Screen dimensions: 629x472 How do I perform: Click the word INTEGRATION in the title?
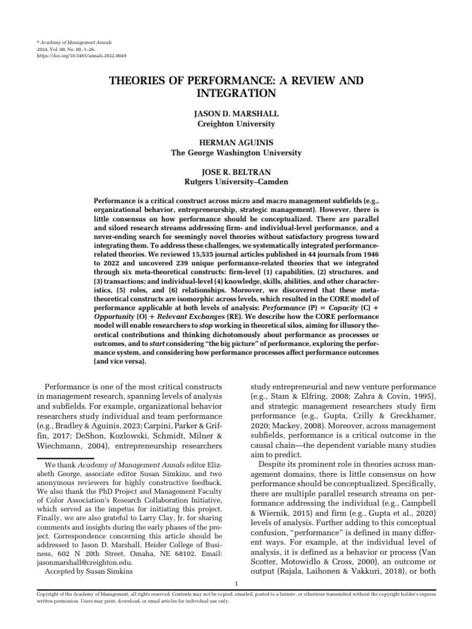coord(236,93)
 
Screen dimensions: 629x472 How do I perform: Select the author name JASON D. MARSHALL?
coord(236,114)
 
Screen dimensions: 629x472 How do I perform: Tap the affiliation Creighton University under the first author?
coord(236,123)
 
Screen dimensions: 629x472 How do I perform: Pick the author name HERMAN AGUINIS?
coord(236,143)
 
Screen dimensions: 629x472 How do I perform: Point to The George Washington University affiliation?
coord(236,152)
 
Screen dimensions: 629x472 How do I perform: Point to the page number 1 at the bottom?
coord(237,582)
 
